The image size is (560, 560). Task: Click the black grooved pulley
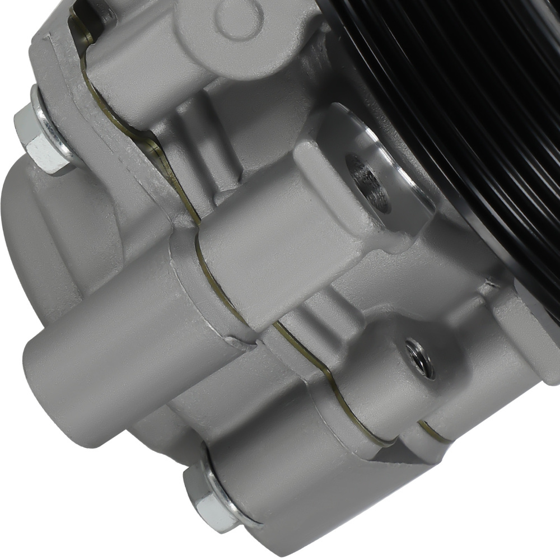pos(476,84)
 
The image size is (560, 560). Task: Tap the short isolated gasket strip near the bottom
pos(434,431)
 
